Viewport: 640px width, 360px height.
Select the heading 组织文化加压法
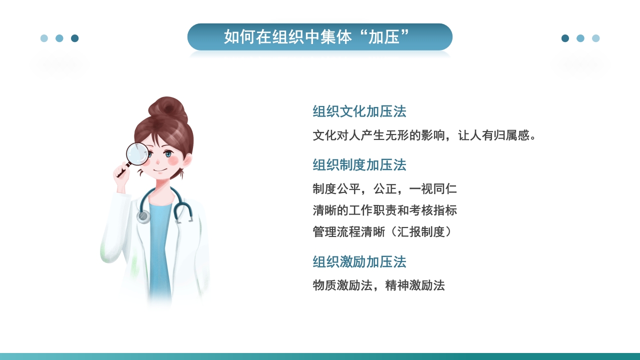tap(359, 111)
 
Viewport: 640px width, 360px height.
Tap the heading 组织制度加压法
tap(359, 165)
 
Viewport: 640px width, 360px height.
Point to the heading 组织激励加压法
tap(359, 262)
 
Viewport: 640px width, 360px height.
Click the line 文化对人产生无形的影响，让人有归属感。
tap(424, 135)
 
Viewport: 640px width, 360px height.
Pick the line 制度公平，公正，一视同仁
tap(384, 189)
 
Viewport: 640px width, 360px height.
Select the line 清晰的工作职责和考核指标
tap(384, 210)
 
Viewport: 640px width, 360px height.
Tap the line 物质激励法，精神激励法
tap(378, 286)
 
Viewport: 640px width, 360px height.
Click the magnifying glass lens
tap(137, 153)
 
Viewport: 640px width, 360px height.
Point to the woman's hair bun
tap(168, 108)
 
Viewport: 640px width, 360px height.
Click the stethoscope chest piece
tap(143, 216)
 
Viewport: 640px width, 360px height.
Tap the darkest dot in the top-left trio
tap(75, 38)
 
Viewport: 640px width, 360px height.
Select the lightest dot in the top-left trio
tap(44, 38)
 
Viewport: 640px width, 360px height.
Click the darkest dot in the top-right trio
tap(565, 38)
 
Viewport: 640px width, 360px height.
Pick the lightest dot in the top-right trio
tap(595, 38)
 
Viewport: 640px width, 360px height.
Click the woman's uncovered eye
tap(168, 154)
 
